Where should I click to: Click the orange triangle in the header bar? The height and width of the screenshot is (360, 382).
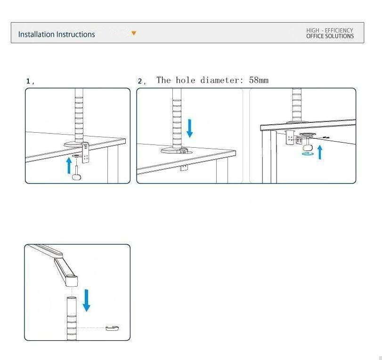tap(134, 33)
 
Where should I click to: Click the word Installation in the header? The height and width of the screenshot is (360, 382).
tap(36, 34)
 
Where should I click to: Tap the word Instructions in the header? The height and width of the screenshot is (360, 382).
tap(75, 34)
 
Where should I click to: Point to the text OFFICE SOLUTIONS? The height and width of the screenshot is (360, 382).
tap(330, 36)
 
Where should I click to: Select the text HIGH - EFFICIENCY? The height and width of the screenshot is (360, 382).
tap(330, 31)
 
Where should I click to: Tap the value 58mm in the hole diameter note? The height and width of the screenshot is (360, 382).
tap(259, 80)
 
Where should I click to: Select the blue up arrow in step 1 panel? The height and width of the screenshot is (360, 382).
tap(69, 166)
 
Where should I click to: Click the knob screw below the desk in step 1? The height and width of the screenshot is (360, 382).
tap(77, 173)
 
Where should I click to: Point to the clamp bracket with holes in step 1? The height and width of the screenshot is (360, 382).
tap(85, 153)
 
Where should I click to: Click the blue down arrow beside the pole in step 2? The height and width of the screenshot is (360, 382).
tap(189, 128)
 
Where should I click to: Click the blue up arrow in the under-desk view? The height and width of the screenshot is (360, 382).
tap(320, 152)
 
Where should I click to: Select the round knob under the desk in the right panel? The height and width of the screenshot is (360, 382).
tap(308, 148)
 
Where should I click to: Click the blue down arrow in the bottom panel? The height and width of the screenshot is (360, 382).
tap(86, 300)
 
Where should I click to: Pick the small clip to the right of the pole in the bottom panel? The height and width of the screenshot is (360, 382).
tap(112, 328)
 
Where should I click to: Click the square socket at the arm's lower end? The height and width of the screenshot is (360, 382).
tap(72, 280)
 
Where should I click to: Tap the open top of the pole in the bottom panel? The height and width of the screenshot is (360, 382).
tap(72, 298)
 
